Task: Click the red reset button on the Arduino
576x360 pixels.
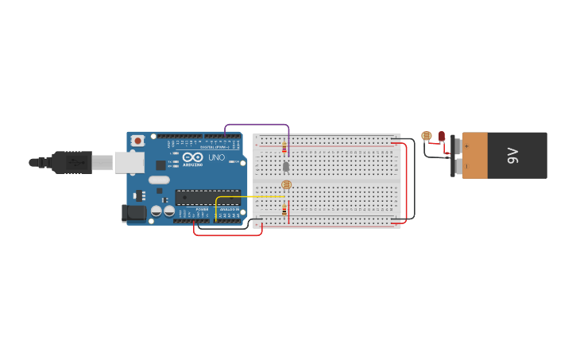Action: tap(137, 141)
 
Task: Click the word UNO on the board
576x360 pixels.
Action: tap(216, 157)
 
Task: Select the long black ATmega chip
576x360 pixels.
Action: tap(207, 197)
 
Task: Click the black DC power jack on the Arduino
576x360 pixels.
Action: tap(133, 213)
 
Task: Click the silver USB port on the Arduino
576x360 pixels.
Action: tap(129, 162)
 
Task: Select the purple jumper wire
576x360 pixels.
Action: tap(256, 125)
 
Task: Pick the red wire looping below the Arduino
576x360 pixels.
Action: tap(227, 235)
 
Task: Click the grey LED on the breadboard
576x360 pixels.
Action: tap(286, 167)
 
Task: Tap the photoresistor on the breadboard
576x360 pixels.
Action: tap(287, 185)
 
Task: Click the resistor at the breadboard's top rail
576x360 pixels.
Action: tap(284, 147)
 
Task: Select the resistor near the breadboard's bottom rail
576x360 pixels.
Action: tap(284, 210)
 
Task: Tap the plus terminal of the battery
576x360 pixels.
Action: tap(466, 146)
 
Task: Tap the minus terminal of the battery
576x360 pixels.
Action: tap(466, 165)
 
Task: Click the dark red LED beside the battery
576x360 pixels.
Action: tap(441, 136)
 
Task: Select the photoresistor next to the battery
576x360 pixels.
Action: tap(427, 136)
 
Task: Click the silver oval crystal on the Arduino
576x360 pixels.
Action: tap(159, 180)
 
